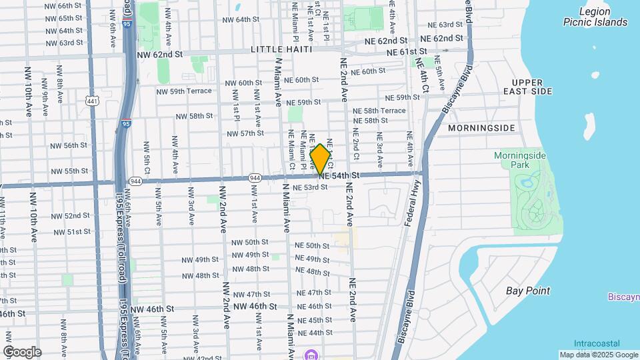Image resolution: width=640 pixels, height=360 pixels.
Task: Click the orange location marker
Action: coord(321,159)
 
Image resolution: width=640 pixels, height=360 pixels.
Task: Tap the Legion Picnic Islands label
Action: coord(595,17)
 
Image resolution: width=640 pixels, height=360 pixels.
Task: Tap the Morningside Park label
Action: coord(520,160)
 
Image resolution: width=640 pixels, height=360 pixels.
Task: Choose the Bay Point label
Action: coord(528,291)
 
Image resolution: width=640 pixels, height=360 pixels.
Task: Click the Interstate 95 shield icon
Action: coord(127,123)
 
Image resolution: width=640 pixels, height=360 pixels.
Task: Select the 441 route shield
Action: coord(92,101)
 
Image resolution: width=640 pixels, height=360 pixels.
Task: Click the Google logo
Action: coord(21,352)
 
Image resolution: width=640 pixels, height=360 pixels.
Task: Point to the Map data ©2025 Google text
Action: coord(599,355)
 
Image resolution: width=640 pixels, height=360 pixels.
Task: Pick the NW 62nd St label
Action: coord(159,55)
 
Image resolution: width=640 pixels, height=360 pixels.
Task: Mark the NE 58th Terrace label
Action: coord(379,111)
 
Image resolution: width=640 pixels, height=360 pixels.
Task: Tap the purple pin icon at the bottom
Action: coord(311,354)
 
